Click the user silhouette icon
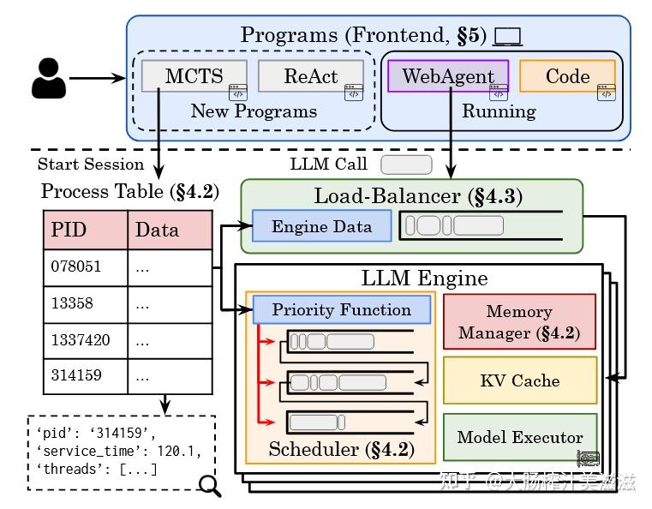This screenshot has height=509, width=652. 48,78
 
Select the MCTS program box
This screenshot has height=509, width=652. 194,75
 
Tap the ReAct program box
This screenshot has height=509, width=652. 310,75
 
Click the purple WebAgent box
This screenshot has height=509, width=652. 447,75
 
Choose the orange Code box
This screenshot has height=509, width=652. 567,75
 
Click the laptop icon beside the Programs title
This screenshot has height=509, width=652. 508,37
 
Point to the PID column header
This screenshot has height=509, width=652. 86,229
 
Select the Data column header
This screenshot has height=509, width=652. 170,229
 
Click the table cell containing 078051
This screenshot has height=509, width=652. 86,266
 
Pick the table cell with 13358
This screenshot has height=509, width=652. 86,303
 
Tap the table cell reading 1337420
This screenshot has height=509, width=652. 86,340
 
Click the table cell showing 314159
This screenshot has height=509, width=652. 86,376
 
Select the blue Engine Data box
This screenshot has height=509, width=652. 321,227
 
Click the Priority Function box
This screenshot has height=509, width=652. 341,310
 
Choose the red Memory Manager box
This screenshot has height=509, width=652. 518,322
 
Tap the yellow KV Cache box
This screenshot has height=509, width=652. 519,380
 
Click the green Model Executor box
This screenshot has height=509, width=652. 519,437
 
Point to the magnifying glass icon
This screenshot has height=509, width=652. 208,486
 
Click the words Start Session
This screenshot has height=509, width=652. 91,165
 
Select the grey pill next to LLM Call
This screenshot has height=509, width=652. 406,164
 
